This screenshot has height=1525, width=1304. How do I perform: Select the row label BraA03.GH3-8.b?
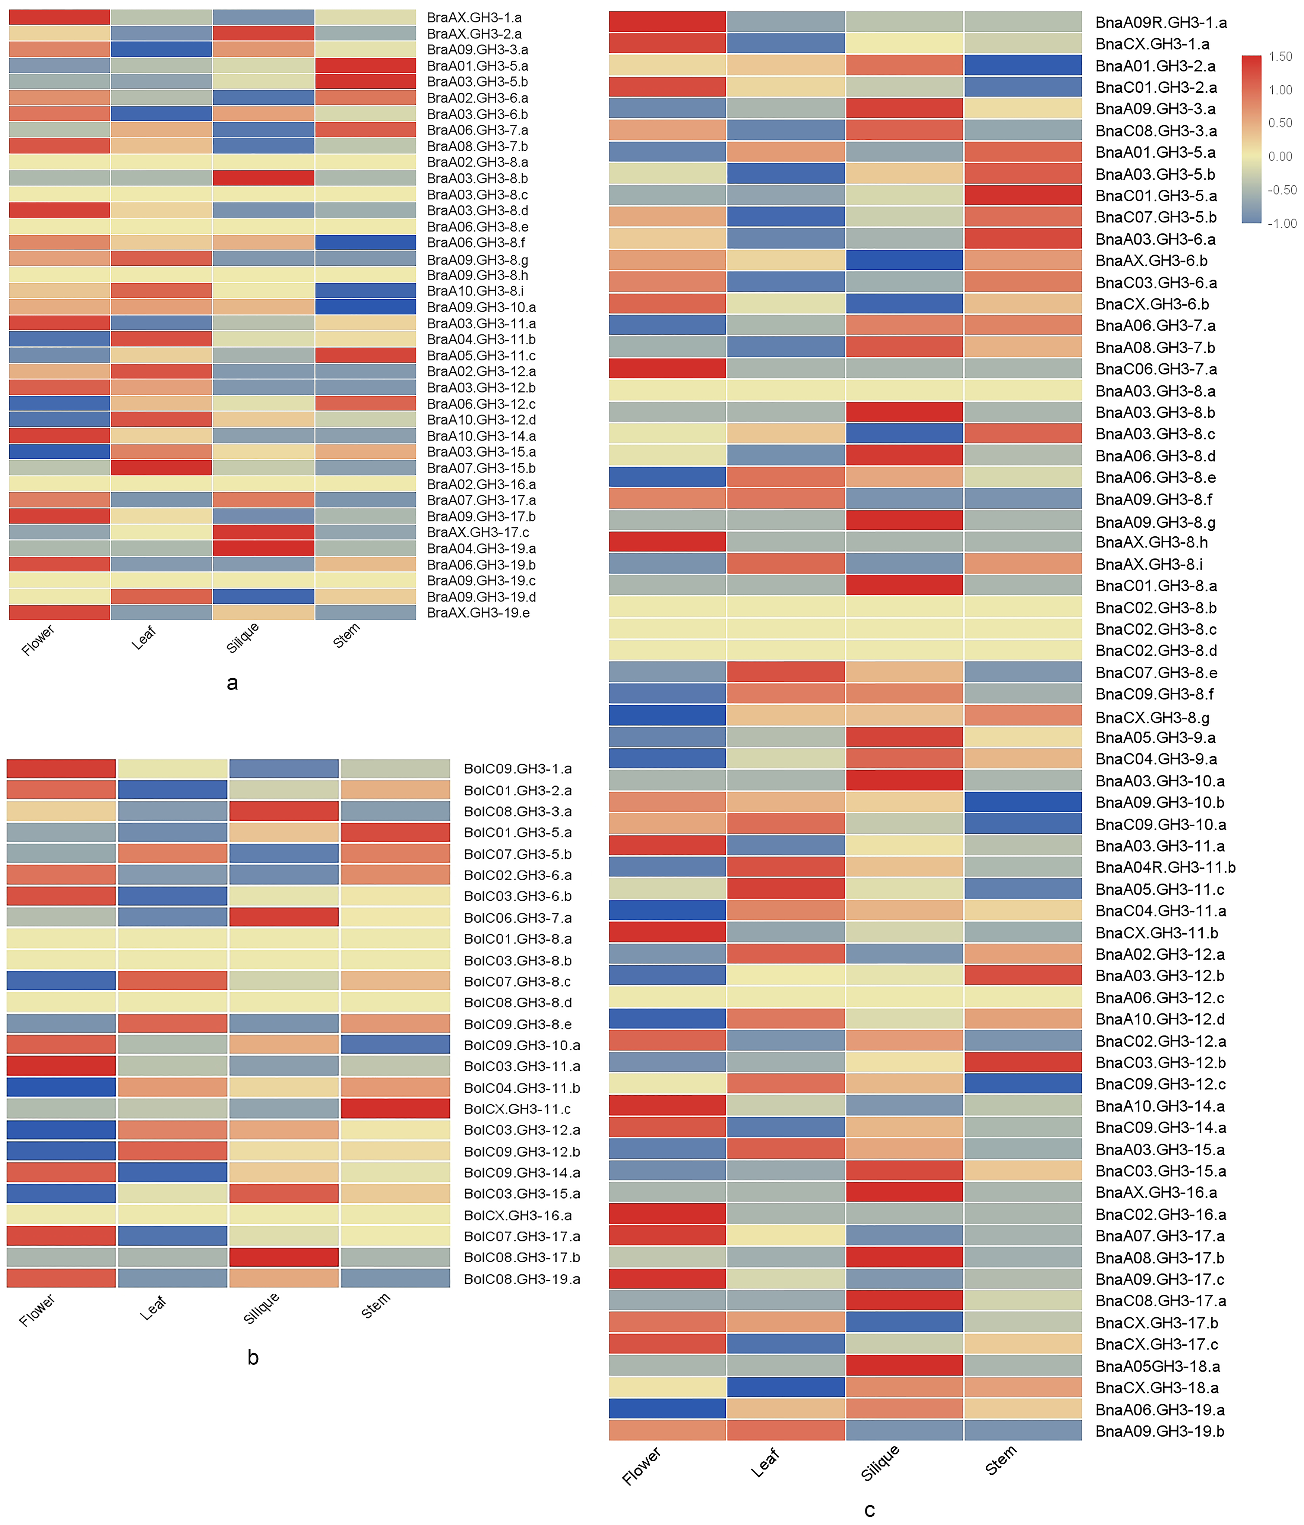[477, 178]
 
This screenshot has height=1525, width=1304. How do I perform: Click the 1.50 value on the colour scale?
[1281, 57]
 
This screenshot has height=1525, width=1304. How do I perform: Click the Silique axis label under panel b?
[261, 1308]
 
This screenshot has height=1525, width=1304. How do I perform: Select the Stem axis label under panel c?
[1001, 1460]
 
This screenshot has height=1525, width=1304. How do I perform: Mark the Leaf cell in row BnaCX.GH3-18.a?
[785, 1387]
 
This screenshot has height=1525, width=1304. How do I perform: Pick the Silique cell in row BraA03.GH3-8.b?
[263, 178]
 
